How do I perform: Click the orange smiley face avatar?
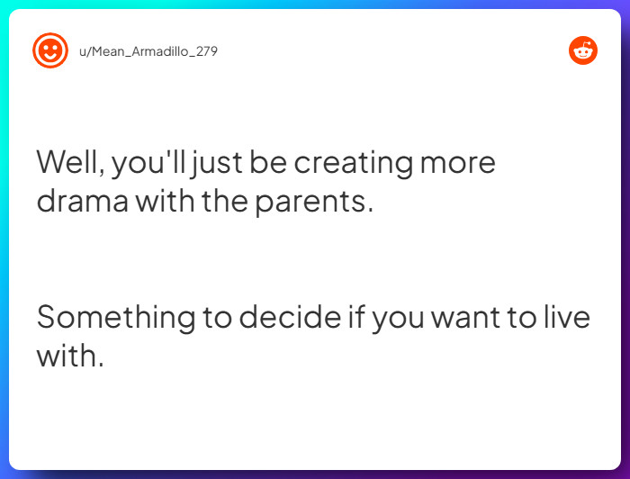click(50, 50)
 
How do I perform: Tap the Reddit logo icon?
click(583, 50)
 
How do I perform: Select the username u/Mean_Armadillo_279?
click(148, 51)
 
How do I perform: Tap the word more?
click(459, 163)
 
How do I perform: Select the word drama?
click(83, 201)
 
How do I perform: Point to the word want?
click(472, 317)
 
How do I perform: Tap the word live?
click(568, 317)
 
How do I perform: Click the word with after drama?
click(165, 201)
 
